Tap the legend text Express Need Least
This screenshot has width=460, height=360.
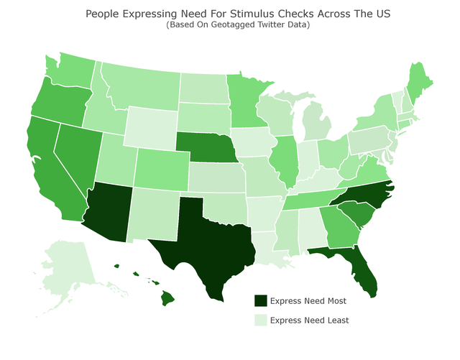click(309, 320)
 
